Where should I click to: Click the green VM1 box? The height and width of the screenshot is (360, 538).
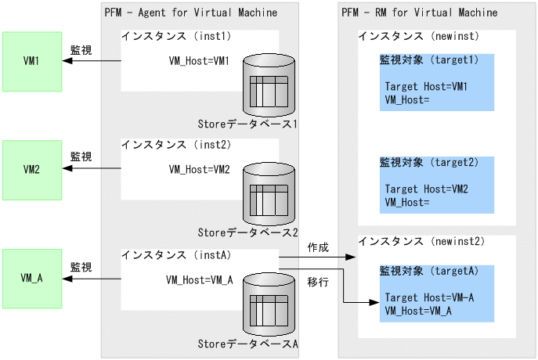pos(31,61)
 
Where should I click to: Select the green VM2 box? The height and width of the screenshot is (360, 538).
pos(31,169)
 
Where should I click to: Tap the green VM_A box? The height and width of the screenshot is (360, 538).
pos(31,278)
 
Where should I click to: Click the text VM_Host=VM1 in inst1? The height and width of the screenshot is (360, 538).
pos(200,60)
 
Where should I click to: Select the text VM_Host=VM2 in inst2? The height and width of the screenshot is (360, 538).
pos(200,169)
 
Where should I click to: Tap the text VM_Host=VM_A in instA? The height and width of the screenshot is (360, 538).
pos(199,279)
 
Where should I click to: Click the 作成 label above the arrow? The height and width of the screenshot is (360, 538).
pos(318,247)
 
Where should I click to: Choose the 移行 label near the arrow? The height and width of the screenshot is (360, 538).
pos(318,280)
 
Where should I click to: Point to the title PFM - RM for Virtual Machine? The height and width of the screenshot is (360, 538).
pos(419,13)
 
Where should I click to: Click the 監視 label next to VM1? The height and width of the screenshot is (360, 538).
pos(81,49)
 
